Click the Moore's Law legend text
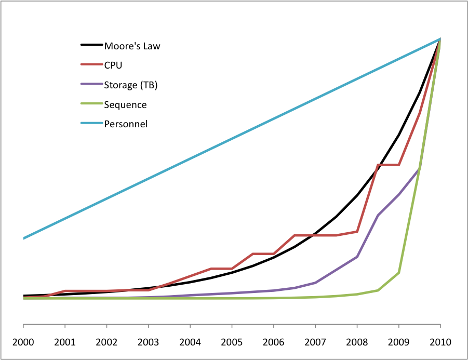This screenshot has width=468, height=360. tap(132, 46)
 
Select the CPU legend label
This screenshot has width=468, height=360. tap(113, 65)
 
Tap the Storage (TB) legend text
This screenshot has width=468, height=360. tap(130, 85)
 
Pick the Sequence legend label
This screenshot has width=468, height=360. tap(125, 105)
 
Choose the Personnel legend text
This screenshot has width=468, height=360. tap(126, 124)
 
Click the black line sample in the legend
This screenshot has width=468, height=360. tap(91, 45)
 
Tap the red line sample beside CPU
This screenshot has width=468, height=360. tap(91, 65)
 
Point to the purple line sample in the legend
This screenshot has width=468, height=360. tap(91, 85)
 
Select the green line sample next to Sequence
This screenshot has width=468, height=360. tap(91, 104)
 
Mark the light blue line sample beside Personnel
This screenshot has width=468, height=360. tap(91, 124)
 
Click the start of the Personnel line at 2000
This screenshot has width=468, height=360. tap(24, 238)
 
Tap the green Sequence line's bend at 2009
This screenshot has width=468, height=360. tap(398, 272)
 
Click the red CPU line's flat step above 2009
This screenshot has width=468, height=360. tap(389, 165)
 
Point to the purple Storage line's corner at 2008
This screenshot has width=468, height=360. tap(357, 257)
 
